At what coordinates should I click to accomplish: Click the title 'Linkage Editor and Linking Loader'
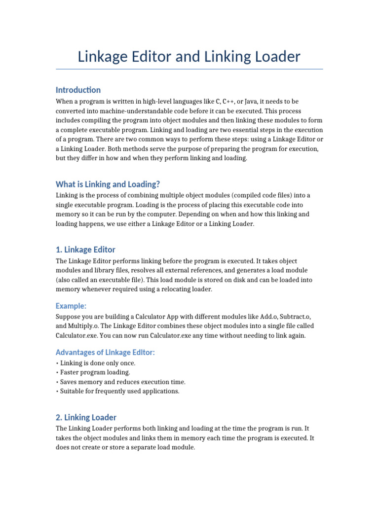click(x=189, y=57)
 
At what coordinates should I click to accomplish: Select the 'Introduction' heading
click(x=78, y=90)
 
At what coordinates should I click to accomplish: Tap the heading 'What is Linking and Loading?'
click(x=108, y=184)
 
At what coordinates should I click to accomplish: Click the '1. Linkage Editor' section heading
click(x=85, y=250)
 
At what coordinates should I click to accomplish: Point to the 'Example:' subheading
click(x=71, y=306)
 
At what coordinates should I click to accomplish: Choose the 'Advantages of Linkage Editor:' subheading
click(x=105, y=352)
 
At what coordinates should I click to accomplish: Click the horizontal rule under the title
click(x=189, y=69)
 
